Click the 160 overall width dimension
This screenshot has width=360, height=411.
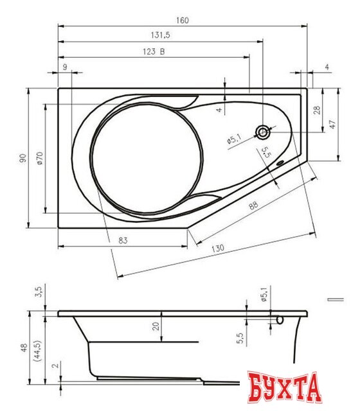click(x=182, y=20)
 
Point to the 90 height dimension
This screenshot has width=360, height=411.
click(x=21, y=158)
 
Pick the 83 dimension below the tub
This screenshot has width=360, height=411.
click(x=123, y=240)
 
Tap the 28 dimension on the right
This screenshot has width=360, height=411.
click(x=316, y=110)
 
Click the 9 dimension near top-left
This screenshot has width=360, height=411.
click(x=65, y=67)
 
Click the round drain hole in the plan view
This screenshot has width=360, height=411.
click(x=264, y=133)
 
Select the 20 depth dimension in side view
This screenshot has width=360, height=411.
click(x=155, y=326)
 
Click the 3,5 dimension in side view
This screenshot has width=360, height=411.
click(x=39, y=292)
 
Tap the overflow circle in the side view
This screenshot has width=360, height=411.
click(x=280, y=319)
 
